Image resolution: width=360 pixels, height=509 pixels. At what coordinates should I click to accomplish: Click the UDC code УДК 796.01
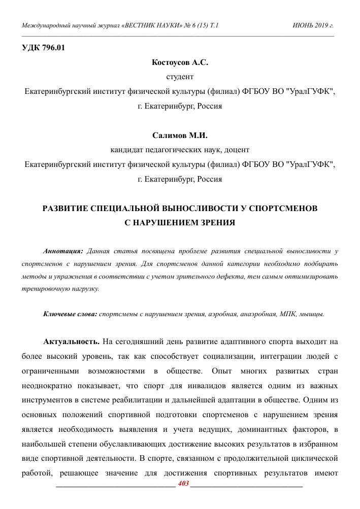tap(44, 49)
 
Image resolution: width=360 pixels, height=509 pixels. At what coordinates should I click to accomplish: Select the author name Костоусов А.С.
tap(180, 63)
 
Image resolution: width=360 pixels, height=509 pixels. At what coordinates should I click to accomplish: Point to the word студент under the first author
tap(180, 77)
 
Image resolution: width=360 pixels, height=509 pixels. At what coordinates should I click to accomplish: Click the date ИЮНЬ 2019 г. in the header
tap(313, 25)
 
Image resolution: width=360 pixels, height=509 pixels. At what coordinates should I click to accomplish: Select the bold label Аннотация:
tap(63, 251)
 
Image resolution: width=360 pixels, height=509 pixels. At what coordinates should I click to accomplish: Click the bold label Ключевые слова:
tap(70, 314)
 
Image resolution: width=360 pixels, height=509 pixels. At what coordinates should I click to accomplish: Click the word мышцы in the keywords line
tap(312, 314)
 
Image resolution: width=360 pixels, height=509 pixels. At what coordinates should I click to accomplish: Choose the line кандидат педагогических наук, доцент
tap(180, 150)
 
